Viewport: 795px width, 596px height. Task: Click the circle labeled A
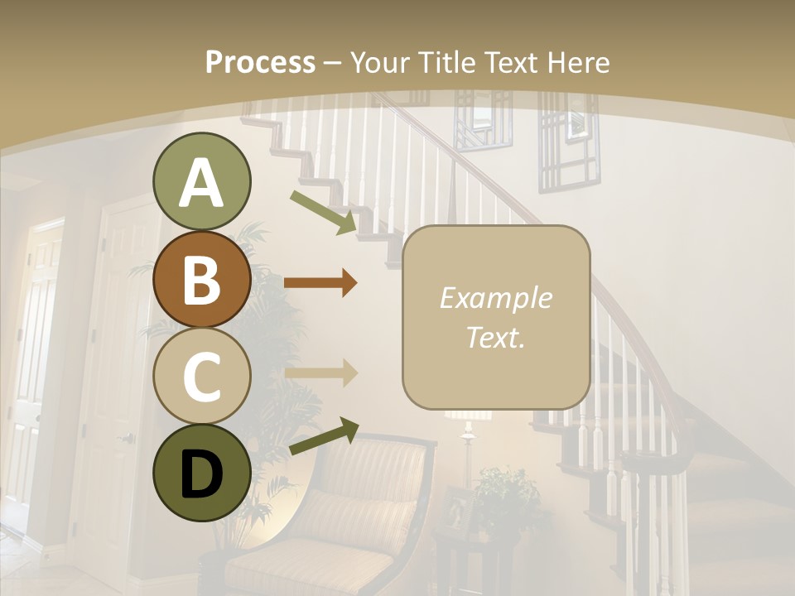202,182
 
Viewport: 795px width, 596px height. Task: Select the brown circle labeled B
202,280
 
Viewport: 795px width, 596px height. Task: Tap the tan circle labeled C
202,377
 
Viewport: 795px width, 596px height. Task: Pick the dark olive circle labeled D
202,473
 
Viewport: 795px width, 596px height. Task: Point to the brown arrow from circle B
320,283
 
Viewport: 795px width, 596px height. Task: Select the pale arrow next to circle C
320,372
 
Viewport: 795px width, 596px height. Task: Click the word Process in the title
260,62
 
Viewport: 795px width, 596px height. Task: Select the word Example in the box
495,298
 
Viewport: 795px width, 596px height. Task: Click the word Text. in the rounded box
495,337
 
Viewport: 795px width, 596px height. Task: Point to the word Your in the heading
378,62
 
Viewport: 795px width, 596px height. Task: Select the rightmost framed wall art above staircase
570,141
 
